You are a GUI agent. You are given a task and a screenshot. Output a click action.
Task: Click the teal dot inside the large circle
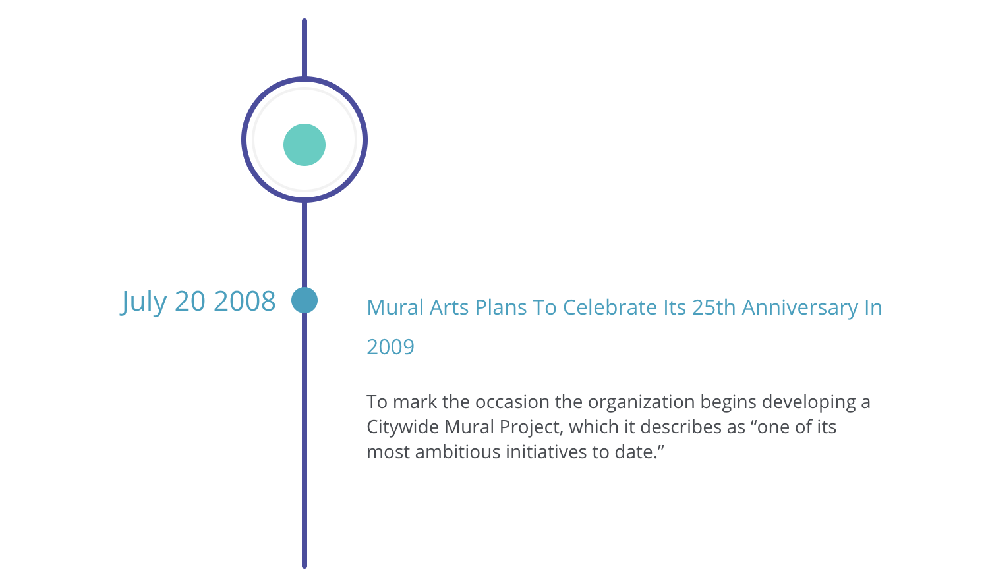[304, 145]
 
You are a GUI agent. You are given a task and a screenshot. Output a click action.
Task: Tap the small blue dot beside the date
[304, 300]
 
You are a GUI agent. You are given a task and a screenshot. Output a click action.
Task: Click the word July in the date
[144, 302]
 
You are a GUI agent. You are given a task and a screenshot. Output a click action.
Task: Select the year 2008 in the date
[245, 301]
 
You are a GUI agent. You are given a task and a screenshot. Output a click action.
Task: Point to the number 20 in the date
[190, 301]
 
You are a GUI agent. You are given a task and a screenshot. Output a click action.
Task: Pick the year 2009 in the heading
[390, 347]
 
